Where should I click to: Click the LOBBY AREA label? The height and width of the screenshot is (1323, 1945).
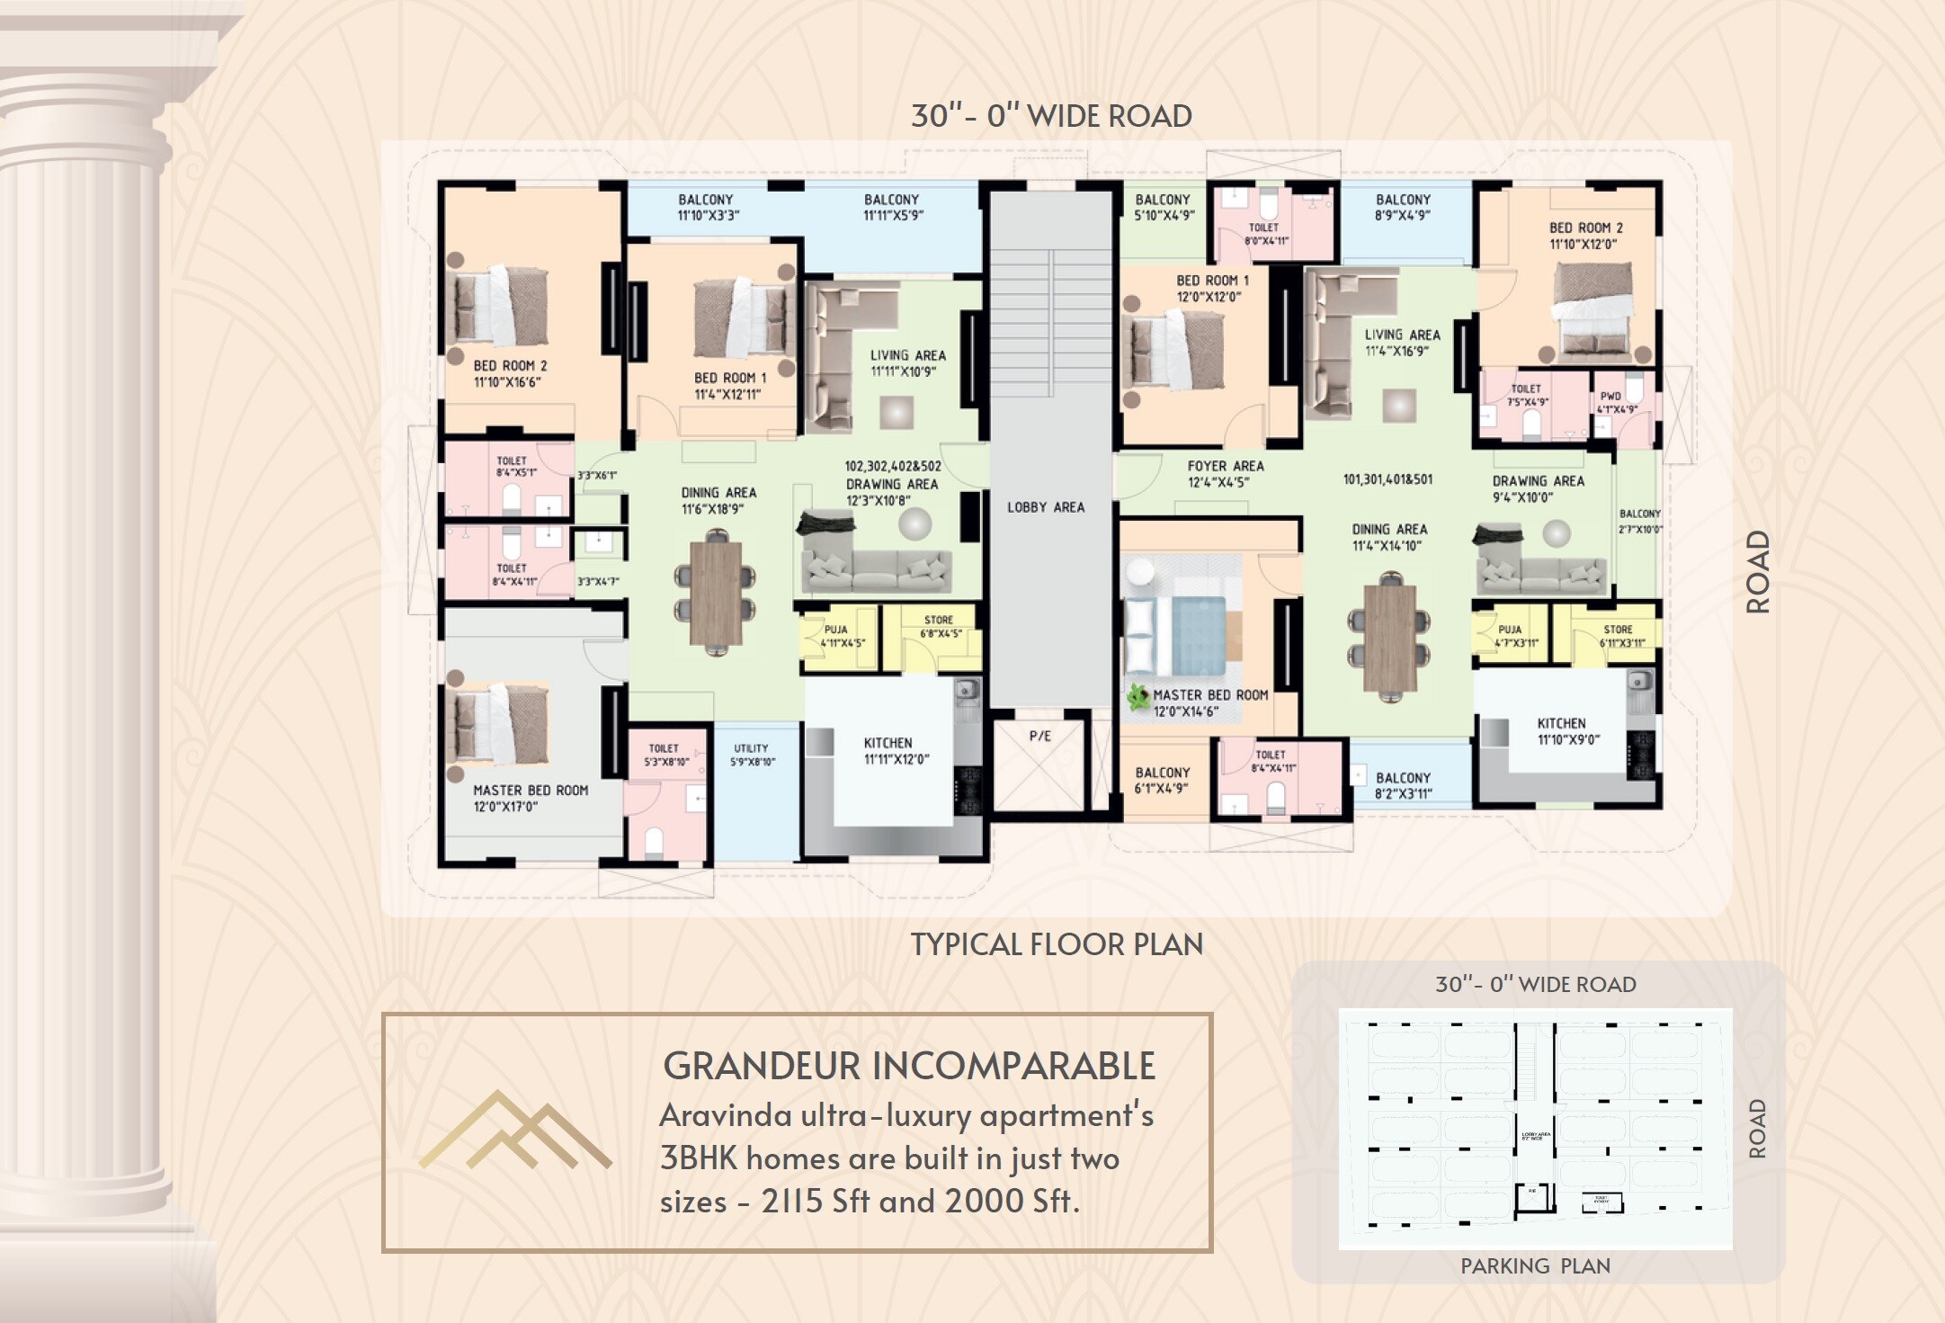pos(1045,507)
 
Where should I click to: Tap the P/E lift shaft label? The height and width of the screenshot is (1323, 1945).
pos(1039,736)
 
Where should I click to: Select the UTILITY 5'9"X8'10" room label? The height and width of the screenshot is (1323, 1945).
pos(752,755)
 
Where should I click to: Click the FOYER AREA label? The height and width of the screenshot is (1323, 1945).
pos(1225,473)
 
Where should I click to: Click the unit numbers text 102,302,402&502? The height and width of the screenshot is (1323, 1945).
pos(892,466)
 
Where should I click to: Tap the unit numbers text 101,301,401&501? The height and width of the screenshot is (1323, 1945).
pos(1387,479)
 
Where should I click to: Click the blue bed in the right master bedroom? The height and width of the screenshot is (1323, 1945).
pos(1187,635)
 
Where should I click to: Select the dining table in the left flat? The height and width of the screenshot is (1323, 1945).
pos(716,594)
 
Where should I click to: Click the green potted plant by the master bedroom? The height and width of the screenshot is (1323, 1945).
pos(1138,696)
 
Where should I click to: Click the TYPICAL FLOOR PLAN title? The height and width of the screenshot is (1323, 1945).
pos(1057,944)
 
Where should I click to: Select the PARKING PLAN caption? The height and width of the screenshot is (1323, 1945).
pos(1535,1265)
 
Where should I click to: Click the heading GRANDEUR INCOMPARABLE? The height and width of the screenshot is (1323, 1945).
pos(908,1066)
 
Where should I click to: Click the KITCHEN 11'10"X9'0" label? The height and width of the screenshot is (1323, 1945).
pos(1567,731)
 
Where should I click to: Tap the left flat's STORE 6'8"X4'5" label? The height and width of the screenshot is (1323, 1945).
pos(939,626)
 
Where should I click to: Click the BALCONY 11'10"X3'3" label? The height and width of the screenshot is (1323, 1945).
pos(707,207)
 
